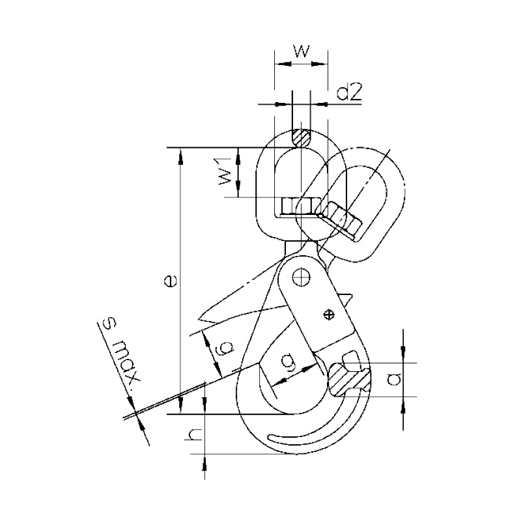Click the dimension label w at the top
[x=302, y=51]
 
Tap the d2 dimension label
[x=349, y=92]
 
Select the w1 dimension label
[x=225, y=171]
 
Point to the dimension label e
[x=171, y=281]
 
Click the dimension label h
[x=194, y=434]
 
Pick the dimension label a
[x=395, y=379]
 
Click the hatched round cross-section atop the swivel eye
[x=301, y=138]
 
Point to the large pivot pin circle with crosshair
[x=301, y=276]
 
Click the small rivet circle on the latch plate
[x=329, y=315]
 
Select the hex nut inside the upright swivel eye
[x=296, y=206]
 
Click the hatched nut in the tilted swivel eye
[x=339, y=220]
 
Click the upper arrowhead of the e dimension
[x=180, y=157]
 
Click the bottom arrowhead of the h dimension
[x=204, y=462]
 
